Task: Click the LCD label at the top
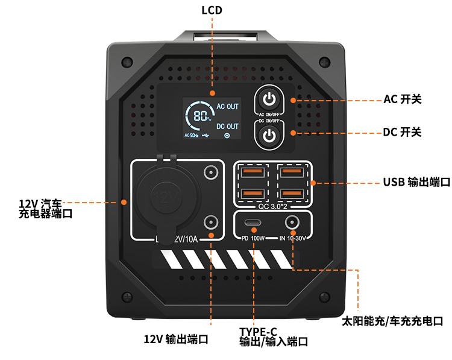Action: pos(212,10)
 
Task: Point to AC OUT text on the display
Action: pos(227,107)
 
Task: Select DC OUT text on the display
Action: pos(227,127)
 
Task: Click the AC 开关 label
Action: pos(403,99)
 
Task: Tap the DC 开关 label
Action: pos(403,132)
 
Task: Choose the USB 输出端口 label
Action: pos(416,182)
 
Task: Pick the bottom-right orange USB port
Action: pos(292,194)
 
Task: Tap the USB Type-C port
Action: pos(253,223)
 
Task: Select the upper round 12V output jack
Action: pos(210,173)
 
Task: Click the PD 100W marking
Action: pos(253,238)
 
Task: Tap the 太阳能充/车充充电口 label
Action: pos(392,321)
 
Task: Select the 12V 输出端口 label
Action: pos(176,339)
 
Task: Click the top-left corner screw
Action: pos(127,62)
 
